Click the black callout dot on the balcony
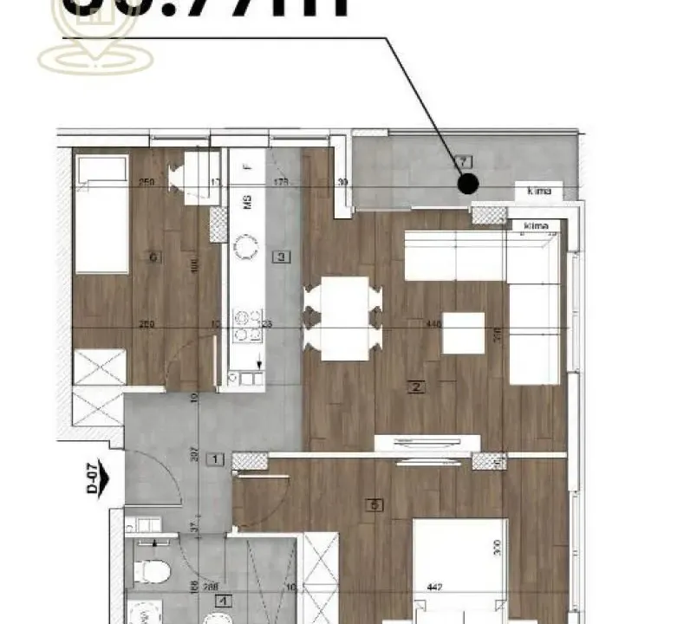pyautogui.click(x=468, y=183)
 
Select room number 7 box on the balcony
pyautogui.click(x=465, y=161)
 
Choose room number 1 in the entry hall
pyautogui.click(x=217, y=458)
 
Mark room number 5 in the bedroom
pyautogui.click(x=374, y=506)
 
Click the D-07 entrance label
pyautogui.click(x=92, y=477)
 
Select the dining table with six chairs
pyautogui.click(x=344, y=318)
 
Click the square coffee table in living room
pyautogui.click(x=463, y=333)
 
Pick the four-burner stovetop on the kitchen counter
pyautogui.click(x=244, y=326)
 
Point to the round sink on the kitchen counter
pyautogui.click(x=246, y=250)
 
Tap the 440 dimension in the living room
pyautogui.click(x=433, y=323)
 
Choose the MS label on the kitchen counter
pyautogui.click(x=247, y=204)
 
